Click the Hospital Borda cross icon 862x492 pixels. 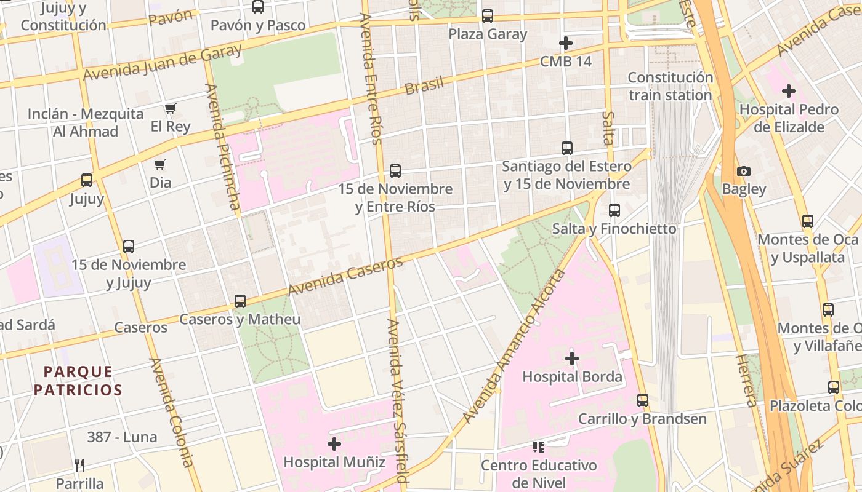point(572,358)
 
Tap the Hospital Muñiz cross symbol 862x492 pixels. point(334,443)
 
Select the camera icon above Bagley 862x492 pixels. point(744,171)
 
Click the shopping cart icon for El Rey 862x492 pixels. point(170,108)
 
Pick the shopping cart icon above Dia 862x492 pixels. point(160,164)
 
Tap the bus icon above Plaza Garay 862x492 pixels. point(488,16)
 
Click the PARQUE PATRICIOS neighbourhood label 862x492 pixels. point(78,381)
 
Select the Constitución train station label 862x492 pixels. point(670,86)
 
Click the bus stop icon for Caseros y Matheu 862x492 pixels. point(240,301)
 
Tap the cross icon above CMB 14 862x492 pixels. point(565,43)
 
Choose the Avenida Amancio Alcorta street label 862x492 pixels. point(514,346)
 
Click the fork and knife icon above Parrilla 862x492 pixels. point(79,465)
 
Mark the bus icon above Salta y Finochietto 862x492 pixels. point(614,210)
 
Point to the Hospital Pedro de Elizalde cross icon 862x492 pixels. point(789,92)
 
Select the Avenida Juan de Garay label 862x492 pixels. point(163,63)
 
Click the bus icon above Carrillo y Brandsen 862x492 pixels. point(643,400)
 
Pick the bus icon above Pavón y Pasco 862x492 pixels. point(258,7)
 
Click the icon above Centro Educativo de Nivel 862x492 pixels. point(539,446)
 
